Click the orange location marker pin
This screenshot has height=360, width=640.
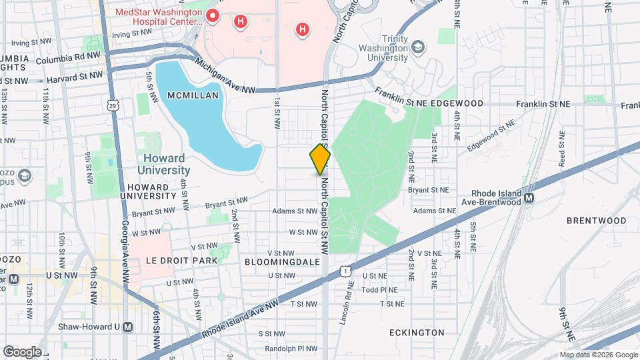pos(320,159)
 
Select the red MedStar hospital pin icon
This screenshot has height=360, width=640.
pos(213,15)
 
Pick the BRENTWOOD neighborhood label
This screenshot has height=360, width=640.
pos(597,220)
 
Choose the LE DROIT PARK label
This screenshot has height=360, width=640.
pos(181,261)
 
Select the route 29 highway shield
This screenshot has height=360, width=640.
pos(114,104)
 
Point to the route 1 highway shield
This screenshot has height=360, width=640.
pos(344,271)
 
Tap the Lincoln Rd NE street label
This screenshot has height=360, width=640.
pos(347,293)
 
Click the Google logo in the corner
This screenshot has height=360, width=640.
pos(21,351)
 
